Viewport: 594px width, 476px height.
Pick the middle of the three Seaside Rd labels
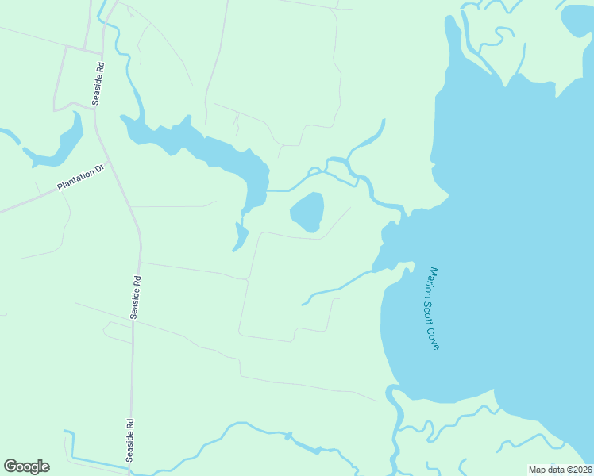point(137,297)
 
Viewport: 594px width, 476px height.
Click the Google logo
point(26,466)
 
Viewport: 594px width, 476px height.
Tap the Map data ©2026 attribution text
point(560,470)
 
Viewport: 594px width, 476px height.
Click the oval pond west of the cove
point(307,212)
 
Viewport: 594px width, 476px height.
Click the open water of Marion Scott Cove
point(508,238)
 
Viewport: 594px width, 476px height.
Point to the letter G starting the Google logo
point(10,466)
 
